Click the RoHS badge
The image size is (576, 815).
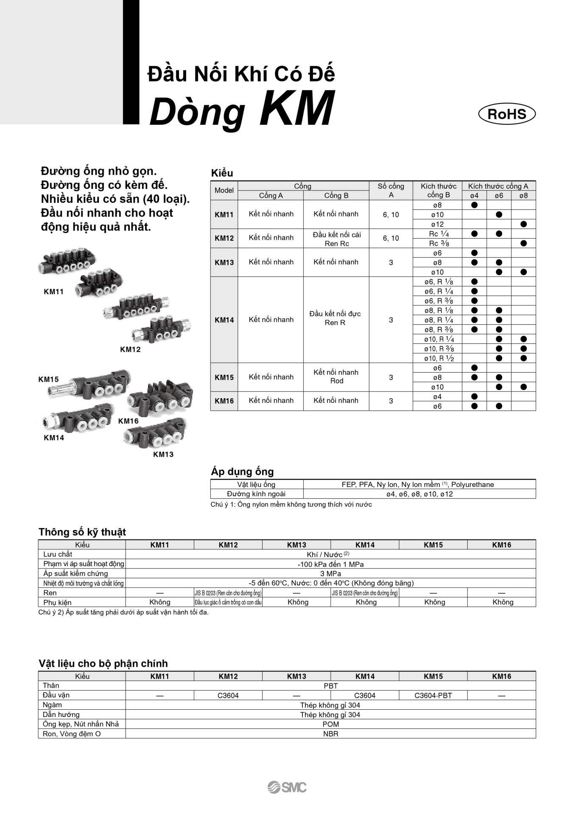[x=507, y=114]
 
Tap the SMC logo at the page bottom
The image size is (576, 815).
[x=287, y=787]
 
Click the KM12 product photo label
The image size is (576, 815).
[x=130, y=349]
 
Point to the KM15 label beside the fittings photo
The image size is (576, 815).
[x=48, y=379]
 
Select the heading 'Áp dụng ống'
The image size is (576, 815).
[x=242, y=471]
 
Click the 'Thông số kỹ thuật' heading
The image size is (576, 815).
[x=82, y=532]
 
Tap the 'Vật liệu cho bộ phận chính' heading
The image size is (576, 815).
[x=103, y=663]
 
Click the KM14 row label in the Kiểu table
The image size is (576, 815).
[x=224, y=320]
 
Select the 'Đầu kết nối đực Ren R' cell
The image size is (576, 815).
[x=335, y=318]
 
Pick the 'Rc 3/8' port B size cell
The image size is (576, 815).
[x=439, y=244]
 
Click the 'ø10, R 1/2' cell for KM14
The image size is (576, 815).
[x=439, y=358]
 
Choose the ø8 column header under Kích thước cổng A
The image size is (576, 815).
[x=523, y=196]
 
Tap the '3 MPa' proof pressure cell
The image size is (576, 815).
[x=330, y=573]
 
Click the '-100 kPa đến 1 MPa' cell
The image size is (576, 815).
[x=330, y=564]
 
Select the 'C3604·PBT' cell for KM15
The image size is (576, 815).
[x=433, y=695]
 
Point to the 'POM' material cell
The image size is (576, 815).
[x=330, y=724]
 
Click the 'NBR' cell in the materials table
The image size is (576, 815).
[x=330, y=734]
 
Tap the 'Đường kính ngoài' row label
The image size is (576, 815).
[x=256, y=494]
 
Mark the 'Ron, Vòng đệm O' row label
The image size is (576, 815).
[x=72, y=734]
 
